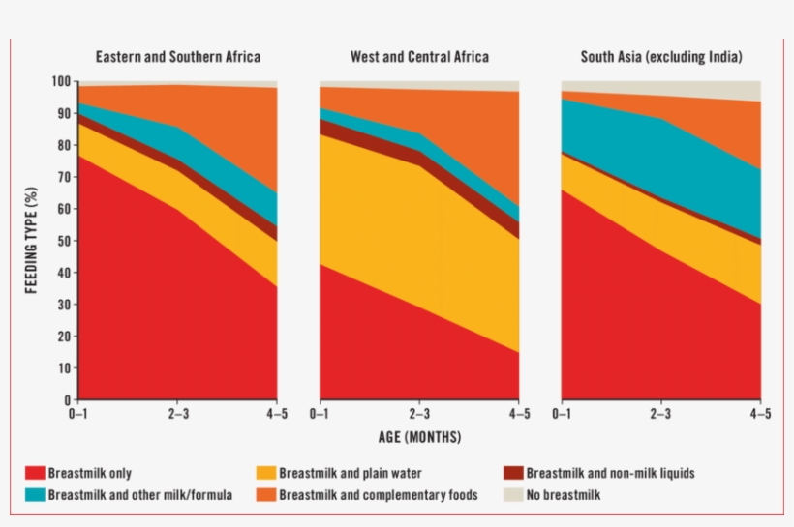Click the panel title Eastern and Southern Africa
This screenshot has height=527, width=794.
coord(177,57)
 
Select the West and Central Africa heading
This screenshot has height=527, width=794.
coord(419,57)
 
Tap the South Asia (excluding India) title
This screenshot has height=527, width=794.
coord(661,57)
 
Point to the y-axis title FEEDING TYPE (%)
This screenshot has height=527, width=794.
coord(32,241)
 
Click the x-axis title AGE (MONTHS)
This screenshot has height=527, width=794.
coord(419,437)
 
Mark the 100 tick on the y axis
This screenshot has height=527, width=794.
coord(61,81)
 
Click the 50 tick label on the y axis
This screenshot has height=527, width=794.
coord(64,241)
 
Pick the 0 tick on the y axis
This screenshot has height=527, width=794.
coord(68,399)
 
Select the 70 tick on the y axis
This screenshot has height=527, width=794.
coord(64,177)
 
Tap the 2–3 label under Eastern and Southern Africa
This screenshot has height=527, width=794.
coord(177,414)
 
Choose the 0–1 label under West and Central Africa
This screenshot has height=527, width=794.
coord(320,414)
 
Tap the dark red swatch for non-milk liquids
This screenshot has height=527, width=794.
coord(513,474)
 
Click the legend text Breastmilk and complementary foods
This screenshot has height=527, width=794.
coord(379,495)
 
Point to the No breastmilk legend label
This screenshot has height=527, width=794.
coord(565,495)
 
